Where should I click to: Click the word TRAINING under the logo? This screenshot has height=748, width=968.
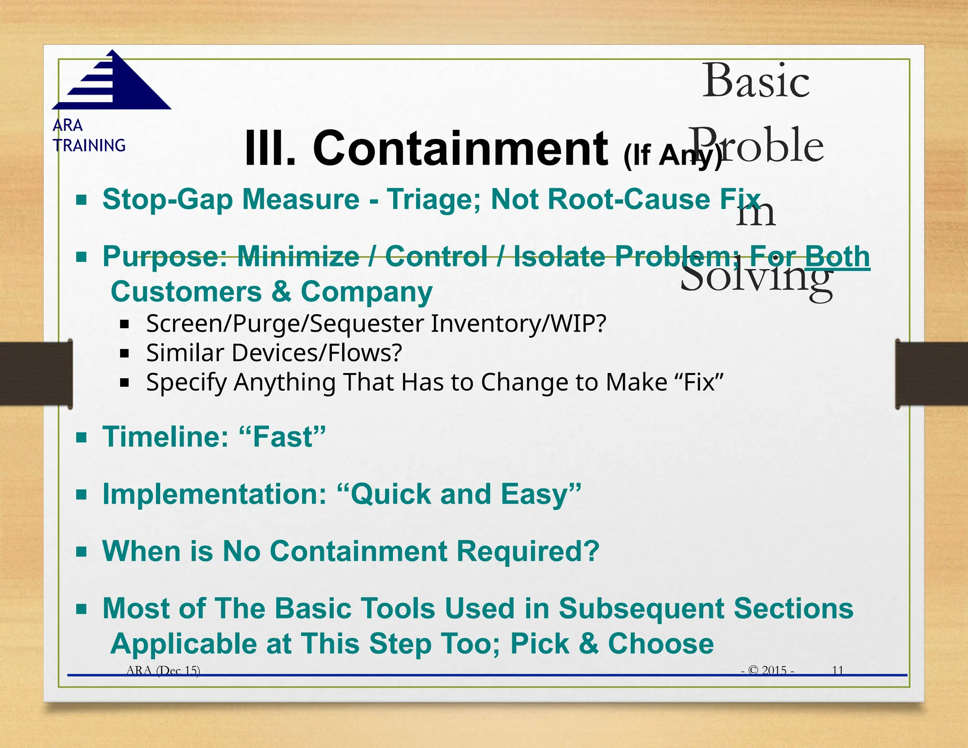(x=89, y=145)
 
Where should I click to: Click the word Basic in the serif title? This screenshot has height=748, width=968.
(x=756, y=81)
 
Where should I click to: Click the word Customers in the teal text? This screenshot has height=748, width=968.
(x=186, y=292)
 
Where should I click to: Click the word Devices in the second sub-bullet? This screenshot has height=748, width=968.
(x=277, y=353)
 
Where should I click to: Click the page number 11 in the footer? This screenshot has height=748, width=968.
(x=838, y=670)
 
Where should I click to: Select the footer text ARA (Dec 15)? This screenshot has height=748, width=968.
(x=163, y=670)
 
